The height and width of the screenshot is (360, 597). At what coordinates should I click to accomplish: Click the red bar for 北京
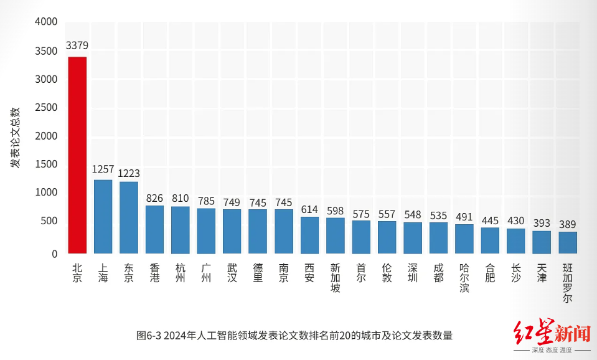coord(77,154)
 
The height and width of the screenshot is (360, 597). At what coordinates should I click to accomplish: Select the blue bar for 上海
coord(103,216)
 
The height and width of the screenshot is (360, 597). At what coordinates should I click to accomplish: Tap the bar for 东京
coord(129,217)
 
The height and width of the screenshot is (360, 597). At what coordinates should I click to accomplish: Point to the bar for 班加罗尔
coord(568,242)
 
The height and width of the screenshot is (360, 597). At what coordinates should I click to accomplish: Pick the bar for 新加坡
coord(336,235)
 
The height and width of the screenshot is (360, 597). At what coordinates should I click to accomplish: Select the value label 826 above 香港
coord(154,198)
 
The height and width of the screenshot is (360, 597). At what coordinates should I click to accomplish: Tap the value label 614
coord(309,209)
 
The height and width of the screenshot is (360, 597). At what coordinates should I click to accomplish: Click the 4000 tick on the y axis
coord(45,22)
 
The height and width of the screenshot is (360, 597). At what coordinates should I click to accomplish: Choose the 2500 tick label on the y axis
coord(45,107)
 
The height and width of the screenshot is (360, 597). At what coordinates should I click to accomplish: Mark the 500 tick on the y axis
coord(49,221)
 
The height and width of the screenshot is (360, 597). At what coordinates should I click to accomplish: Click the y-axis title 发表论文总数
coord(15,137)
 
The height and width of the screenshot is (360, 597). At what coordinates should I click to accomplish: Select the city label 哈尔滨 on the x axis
coord(464,278)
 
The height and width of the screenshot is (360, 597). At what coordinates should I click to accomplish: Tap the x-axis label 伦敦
coord(387,273)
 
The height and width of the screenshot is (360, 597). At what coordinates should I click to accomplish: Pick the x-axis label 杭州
coord(181,273)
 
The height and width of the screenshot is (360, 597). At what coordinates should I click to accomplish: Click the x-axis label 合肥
coord(490,273)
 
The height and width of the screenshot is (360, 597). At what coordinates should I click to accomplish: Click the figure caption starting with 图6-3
coord(294,335)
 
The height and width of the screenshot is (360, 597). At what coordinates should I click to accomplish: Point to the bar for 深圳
coord(413,238)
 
